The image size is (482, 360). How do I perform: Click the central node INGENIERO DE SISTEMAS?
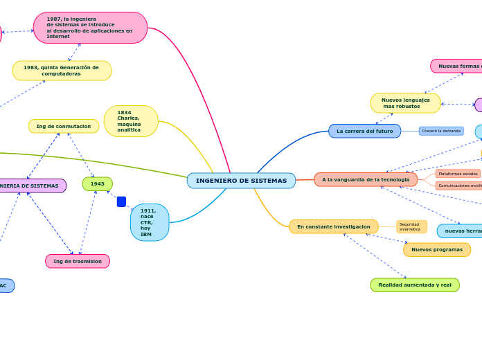pyautogui.click(x=241, y=181)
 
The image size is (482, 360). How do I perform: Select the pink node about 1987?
pyautogui.click(x=90, y=28)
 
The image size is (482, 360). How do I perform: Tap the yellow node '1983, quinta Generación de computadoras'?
pyautogui.click(x=62, y=71)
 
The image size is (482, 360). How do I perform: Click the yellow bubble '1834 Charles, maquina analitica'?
pyautogui.click(x=131, y=121)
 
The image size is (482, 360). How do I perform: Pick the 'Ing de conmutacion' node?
pyautogui.click(x=64, y=126)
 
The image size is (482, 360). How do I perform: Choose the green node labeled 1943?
pyautogui.click(x=98, y=184)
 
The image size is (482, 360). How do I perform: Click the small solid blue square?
pyautogui.click(x=121, y=201)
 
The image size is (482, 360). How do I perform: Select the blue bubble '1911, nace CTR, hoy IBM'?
pyautogui.click(x=150, y=222)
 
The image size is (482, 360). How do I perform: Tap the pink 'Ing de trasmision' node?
pyautogui.click(x=78, y=261)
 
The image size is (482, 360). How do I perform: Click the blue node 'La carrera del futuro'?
pyautogui.click(x=364, y=131)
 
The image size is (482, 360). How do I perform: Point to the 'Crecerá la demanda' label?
pyautogui.click(x=441, y=131)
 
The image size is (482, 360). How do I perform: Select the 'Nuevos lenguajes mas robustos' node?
pyautogui.click(x=406, y=103)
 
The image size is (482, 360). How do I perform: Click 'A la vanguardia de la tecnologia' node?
pyautogui.click(x=366, y=180)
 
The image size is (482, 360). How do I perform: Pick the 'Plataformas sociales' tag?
pyautogui.click(x=458, y=174)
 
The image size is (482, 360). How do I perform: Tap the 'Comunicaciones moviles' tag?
pyautogui.click(x=459, y=186)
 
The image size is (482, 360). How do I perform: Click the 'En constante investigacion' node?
pyautogui.click(x=334, y=226)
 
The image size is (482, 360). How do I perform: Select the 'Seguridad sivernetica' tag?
pyautogui.click(x=411, y=226)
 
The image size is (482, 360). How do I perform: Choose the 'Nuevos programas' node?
pyautogui.click(x=437, y=249)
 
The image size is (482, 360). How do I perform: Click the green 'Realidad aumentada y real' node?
pyautogui.click(x=415, y=285)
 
